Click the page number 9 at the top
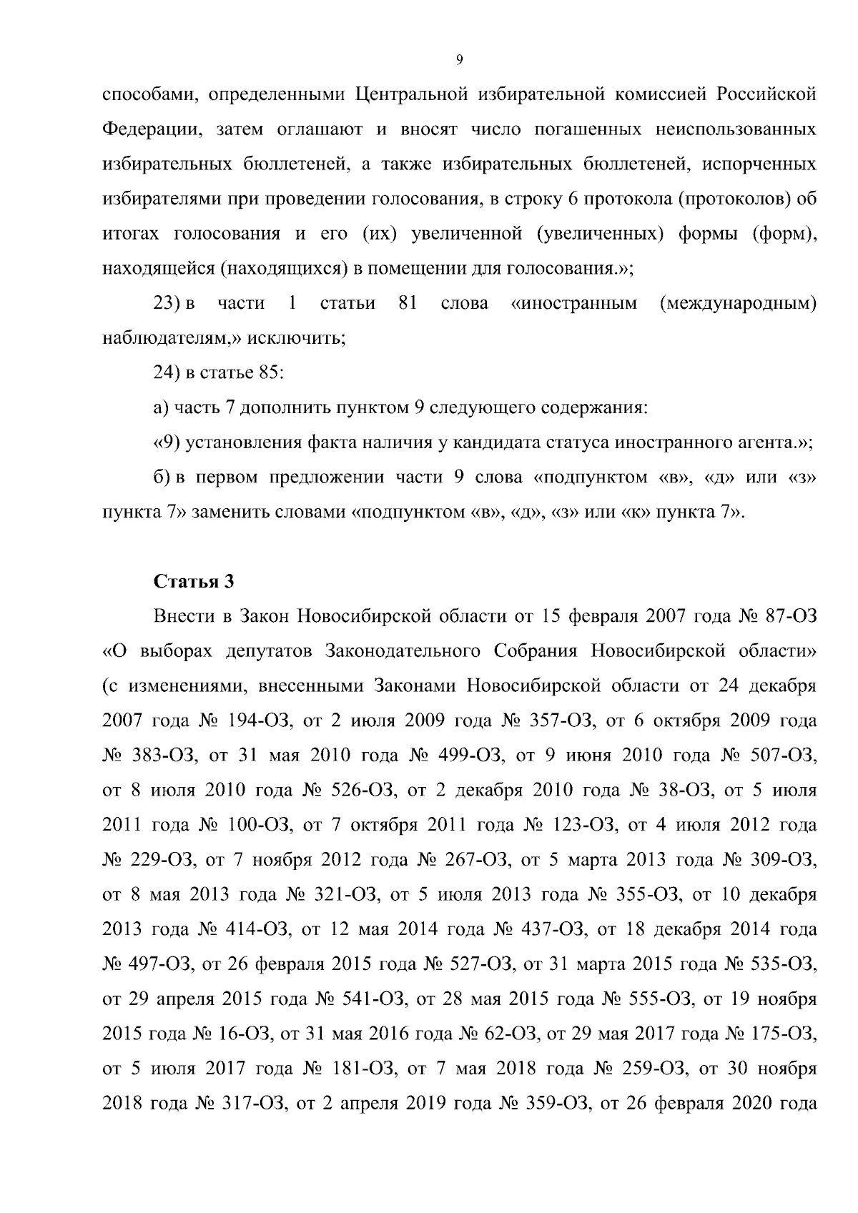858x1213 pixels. pos(459,60)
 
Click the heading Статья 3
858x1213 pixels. pos(194,580)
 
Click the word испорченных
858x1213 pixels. pos(759,164)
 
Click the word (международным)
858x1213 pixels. pos(736,304)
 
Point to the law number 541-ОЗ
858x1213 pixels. pos(367,999)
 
